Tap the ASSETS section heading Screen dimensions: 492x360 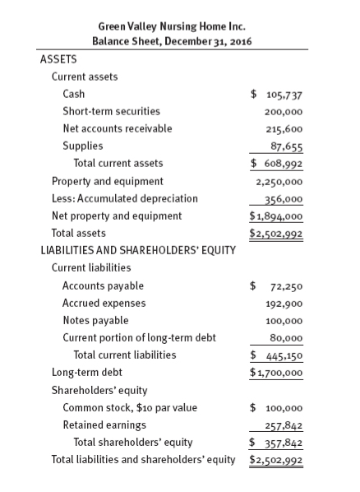[58, 59]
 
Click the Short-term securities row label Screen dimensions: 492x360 [111, 111]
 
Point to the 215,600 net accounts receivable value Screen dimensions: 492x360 [284, 128]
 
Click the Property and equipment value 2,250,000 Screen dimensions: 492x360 [279, 181]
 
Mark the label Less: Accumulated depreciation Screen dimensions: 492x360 [124, 198]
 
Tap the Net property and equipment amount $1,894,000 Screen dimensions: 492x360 [276, 216]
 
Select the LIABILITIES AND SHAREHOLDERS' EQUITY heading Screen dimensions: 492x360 [138, 250]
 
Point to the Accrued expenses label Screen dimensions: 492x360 [104, 303]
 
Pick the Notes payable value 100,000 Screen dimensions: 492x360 [284, 321]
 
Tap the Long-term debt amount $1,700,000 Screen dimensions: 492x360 [276, 373]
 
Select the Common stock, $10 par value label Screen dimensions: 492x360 [130, 407]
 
